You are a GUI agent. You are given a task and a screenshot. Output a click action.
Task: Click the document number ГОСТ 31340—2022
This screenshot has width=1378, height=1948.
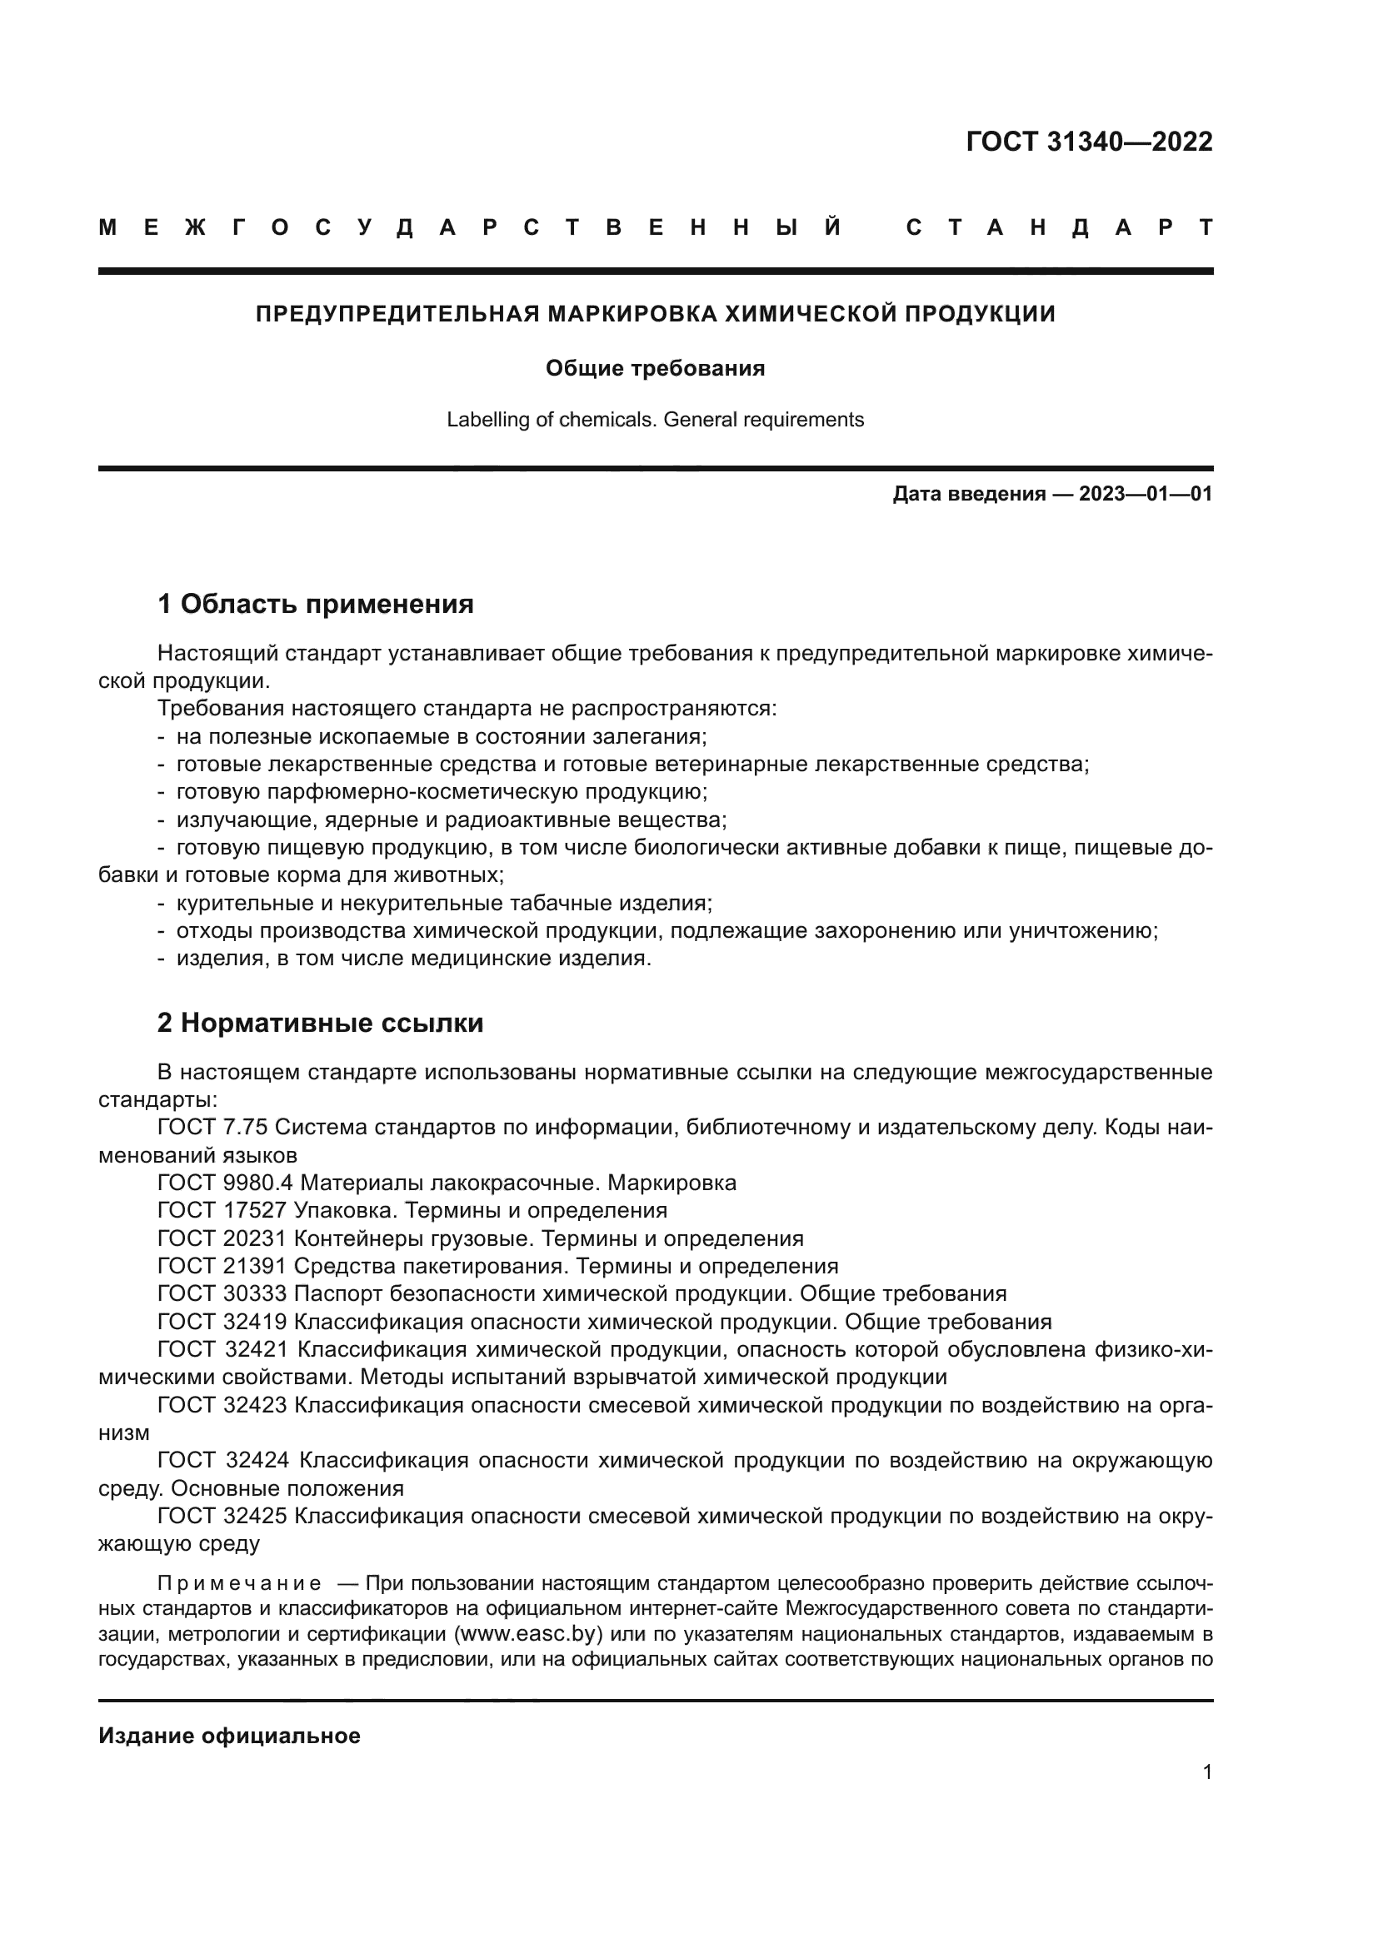click(1089, 142)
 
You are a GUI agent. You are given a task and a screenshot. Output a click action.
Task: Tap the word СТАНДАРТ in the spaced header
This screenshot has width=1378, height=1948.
click(1059, 227)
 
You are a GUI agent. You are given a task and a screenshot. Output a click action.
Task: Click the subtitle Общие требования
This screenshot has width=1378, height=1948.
click(655, 368)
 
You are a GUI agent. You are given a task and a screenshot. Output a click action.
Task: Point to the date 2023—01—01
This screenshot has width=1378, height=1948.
click(1146, 494)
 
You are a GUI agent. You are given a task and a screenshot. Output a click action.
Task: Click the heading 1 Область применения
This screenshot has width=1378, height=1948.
click(315, 604)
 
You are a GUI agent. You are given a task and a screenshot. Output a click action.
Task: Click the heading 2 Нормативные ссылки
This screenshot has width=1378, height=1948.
click(320, 1024)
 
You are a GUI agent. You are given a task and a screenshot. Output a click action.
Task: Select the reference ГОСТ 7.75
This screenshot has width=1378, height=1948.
click(212, 1128)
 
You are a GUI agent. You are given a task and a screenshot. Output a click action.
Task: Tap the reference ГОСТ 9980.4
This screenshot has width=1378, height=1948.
click(225, 1183)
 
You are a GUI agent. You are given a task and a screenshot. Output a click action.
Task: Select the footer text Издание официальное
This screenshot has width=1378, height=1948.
click(229, 1736)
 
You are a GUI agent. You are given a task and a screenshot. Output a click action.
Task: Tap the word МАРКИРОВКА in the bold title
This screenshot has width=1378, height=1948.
click(632, 314)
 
